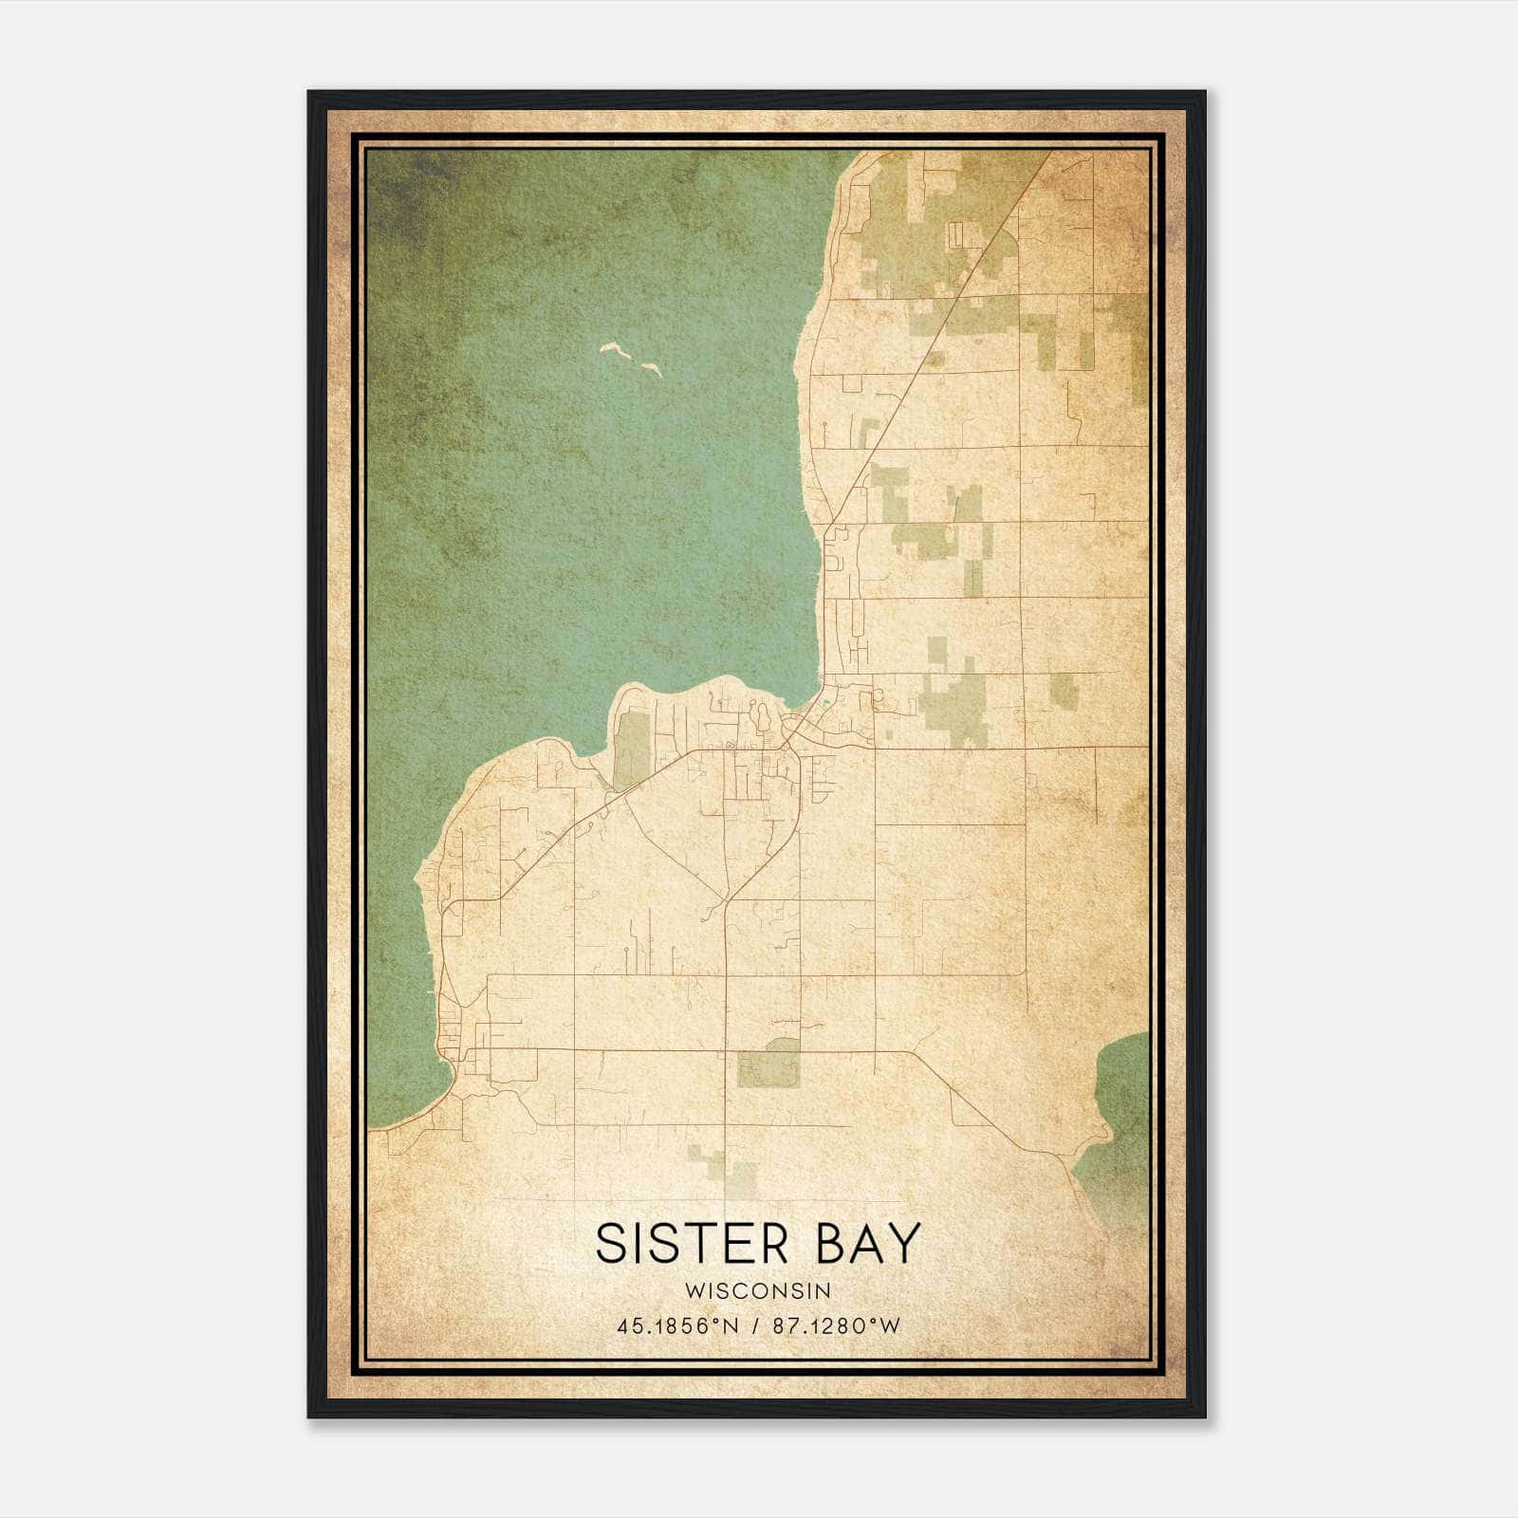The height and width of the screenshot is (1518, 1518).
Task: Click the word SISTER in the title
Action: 692,1244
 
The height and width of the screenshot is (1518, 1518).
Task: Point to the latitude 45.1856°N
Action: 676,1326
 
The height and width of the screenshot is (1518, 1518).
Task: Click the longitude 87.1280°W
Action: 836,1326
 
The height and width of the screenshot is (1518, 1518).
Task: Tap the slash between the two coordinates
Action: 756,1326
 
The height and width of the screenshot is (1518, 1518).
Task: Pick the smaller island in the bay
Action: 651,368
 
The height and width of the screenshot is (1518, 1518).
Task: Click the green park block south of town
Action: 769,1064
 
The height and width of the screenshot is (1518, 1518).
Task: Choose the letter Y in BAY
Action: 906,1244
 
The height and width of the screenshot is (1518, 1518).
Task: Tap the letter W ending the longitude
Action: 890,1326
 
